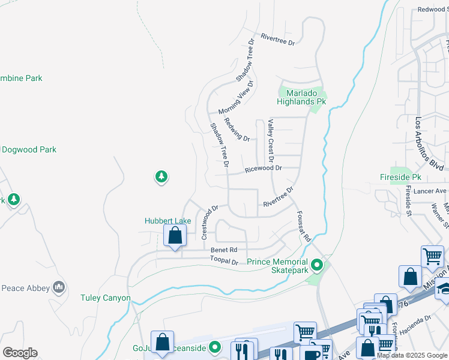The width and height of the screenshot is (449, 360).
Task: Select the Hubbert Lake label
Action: (x=167, y=221)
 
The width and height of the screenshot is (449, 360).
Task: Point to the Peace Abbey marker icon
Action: (x=59, y=287)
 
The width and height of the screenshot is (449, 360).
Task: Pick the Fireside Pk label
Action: (x=401, y=178)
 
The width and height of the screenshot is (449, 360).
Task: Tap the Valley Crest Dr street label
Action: (x=271, y=141)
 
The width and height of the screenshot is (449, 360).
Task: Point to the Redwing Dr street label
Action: (x=237, y=130)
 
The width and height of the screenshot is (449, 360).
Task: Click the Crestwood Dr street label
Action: (x=212, y=223)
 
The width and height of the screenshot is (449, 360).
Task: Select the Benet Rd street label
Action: (x=224, y=250)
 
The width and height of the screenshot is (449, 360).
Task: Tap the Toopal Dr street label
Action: (x=224, y=261)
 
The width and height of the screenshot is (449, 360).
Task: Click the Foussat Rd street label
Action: (x=303, y=226)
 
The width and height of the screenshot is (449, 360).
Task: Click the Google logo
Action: (x=20, y=353)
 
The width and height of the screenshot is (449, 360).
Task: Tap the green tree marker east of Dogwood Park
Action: (x=160, y=176)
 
